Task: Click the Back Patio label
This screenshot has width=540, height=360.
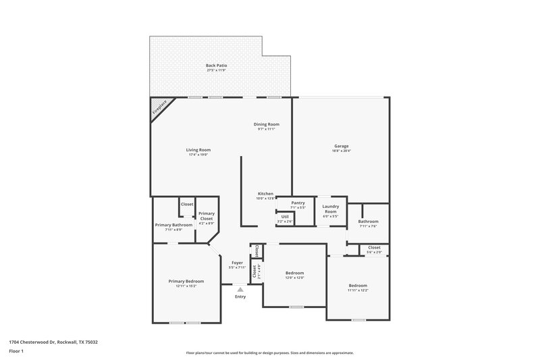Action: (x=215, y=66)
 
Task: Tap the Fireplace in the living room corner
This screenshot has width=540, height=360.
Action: (x=161, y=108)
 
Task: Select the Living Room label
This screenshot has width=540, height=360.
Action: (x=198, y=150)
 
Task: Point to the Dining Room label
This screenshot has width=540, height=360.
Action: (x=266, y=124)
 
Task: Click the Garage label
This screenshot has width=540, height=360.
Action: (x=341, y=146)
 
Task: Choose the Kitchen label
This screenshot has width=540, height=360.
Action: (x=265, y=194)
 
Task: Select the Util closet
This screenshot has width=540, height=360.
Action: (x=285, y=217)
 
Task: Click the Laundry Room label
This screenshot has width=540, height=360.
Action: (x=330, y=209)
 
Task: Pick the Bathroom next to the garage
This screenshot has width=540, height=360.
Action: (x=368, y=222)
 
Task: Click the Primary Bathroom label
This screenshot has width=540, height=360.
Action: (x=173, y=225)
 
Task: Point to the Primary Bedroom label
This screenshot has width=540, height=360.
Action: (x=186, y=281)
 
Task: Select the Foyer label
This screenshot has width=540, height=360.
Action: (x=237, y=263)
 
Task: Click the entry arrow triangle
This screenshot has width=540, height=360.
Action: (x=240, y=289)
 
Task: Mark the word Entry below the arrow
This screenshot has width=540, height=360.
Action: (x=240, y=297)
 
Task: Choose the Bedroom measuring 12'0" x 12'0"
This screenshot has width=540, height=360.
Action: (x=294, y=273)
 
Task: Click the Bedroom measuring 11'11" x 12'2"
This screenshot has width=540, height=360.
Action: (x=358, y=286)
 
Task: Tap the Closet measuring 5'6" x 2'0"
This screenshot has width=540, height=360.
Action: (x=374, y=248)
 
